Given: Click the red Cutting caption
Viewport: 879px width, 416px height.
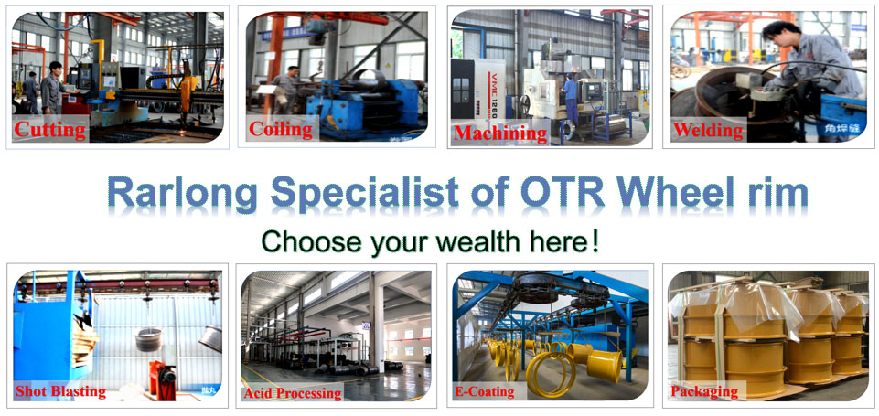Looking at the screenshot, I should tap(50, 130).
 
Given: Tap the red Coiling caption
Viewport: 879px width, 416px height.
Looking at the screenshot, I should tap(281, 129).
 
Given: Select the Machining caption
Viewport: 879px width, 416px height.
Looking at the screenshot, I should tap(500, 133).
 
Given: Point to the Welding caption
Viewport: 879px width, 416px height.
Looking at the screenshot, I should tap(707, 131).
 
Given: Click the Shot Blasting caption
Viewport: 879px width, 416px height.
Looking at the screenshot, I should tap(60, 392).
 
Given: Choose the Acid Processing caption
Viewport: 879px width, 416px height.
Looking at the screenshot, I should tap(292, 393).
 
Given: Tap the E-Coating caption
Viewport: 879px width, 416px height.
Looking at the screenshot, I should tap(485, 392).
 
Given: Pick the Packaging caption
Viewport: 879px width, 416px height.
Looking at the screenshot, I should tap(704, 392).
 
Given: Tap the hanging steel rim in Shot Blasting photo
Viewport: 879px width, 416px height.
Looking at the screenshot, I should tap(147, 340).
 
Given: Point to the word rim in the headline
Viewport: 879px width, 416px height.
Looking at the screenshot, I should tap(777, 193).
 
